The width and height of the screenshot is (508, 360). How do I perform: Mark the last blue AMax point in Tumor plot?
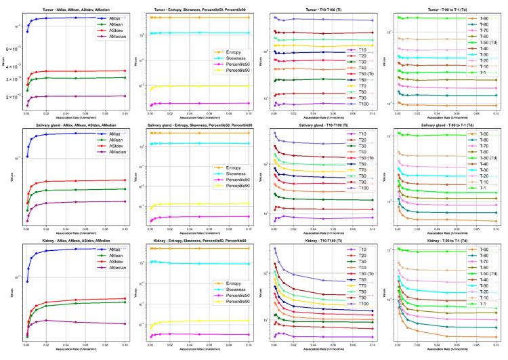124,18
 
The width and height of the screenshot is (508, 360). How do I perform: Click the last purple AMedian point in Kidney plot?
124,324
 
